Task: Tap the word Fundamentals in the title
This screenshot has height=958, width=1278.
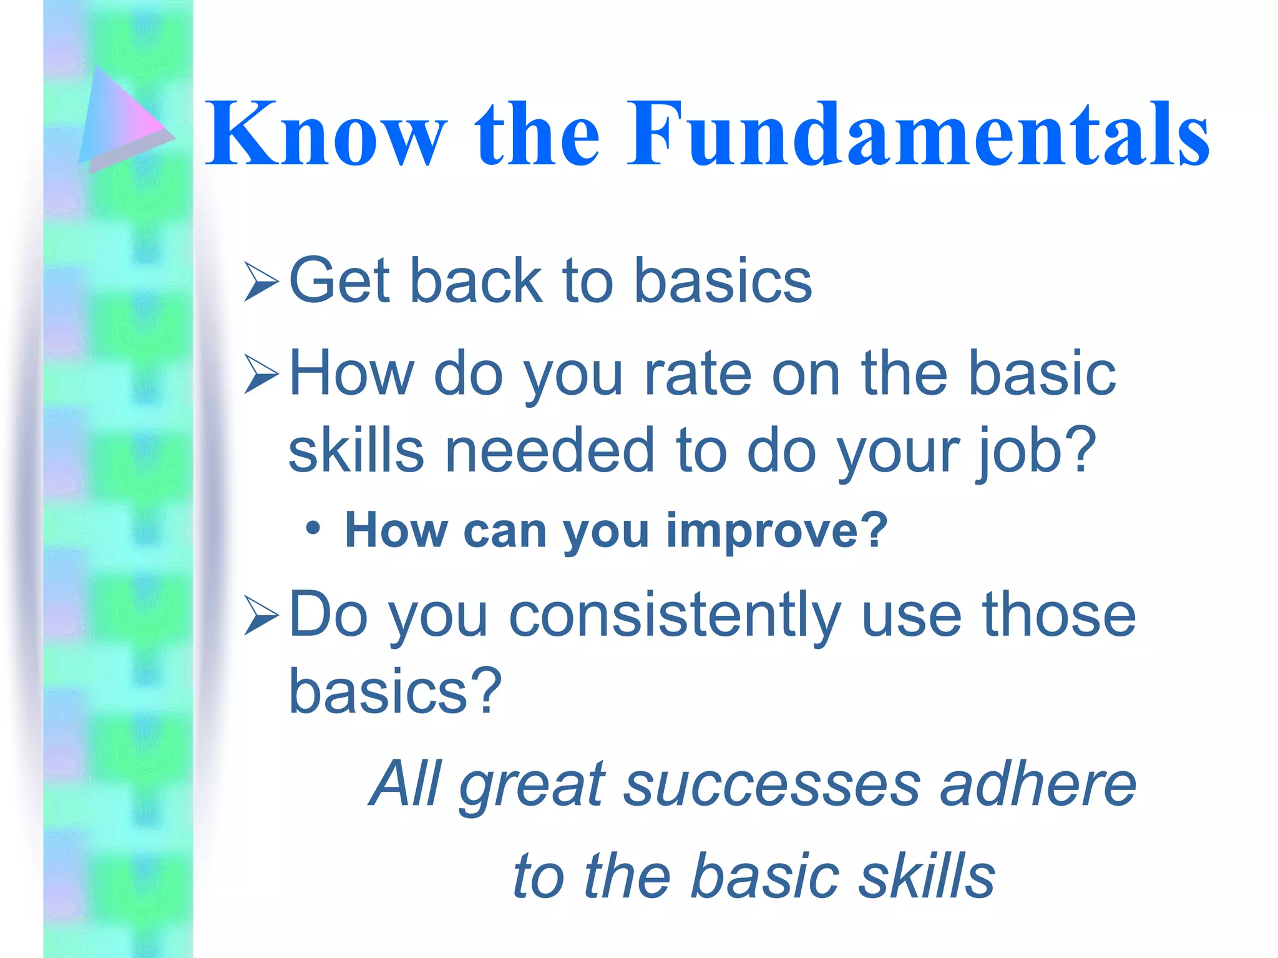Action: pyautogui.click(x=917, y=134)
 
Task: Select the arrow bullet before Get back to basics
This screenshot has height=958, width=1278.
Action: pyautogui.click(x=261, y=282)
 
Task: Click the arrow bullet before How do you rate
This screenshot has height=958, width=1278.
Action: pyautogui.click(x=261, y=374)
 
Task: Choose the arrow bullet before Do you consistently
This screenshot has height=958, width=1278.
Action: pyautogui.click(x=261, y=616)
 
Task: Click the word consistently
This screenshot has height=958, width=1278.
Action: pyautogui.click(x=674, y=616)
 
